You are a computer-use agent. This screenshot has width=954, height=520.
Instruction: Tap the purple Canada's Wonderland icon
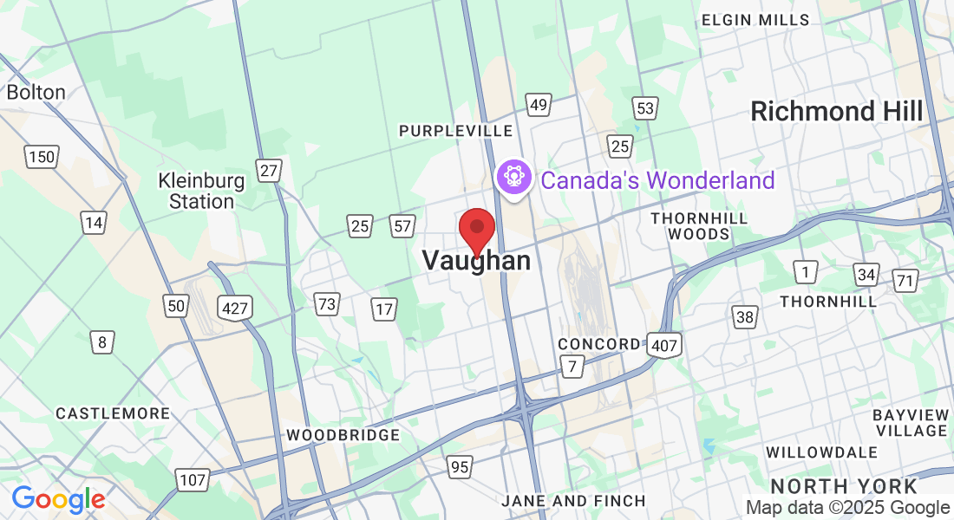514,177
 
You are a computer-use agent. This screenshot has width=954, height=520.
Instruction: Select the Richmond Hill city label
837,111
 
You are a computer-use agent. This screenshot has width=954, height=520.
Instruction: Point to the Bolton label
36,92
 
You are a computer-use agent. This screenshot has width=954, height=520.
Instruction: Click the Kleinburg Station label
201,191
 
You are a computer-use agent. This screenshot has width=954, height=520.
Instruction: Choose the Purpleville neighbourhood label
455,130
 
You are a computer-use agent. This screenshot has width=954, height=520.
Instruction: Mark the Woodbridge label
343,435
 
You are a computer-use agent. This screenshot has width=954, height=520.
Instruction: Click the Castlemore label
113,413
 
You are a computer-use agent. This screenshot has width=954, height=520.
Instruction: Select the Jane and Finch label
574,501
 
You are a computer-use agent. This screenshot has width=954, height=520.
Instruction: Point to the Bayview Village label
910,422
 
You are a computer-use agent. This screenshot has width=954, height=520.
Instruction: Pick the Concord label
598,344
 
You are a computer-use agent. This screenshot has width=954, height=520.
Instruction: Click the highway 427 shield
235,307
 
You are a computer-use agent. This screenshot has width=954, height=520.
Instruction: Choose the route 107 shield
192,479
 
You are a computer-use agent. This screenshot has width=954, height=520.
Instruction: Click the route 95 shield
460,467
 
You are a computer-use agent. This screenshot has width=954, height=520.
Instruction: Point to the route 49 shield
539,105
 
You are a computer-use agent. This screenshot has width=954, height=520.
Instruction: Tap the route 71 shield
905,280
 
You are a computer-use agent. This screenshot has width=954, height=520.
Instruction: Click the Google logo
58,499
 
